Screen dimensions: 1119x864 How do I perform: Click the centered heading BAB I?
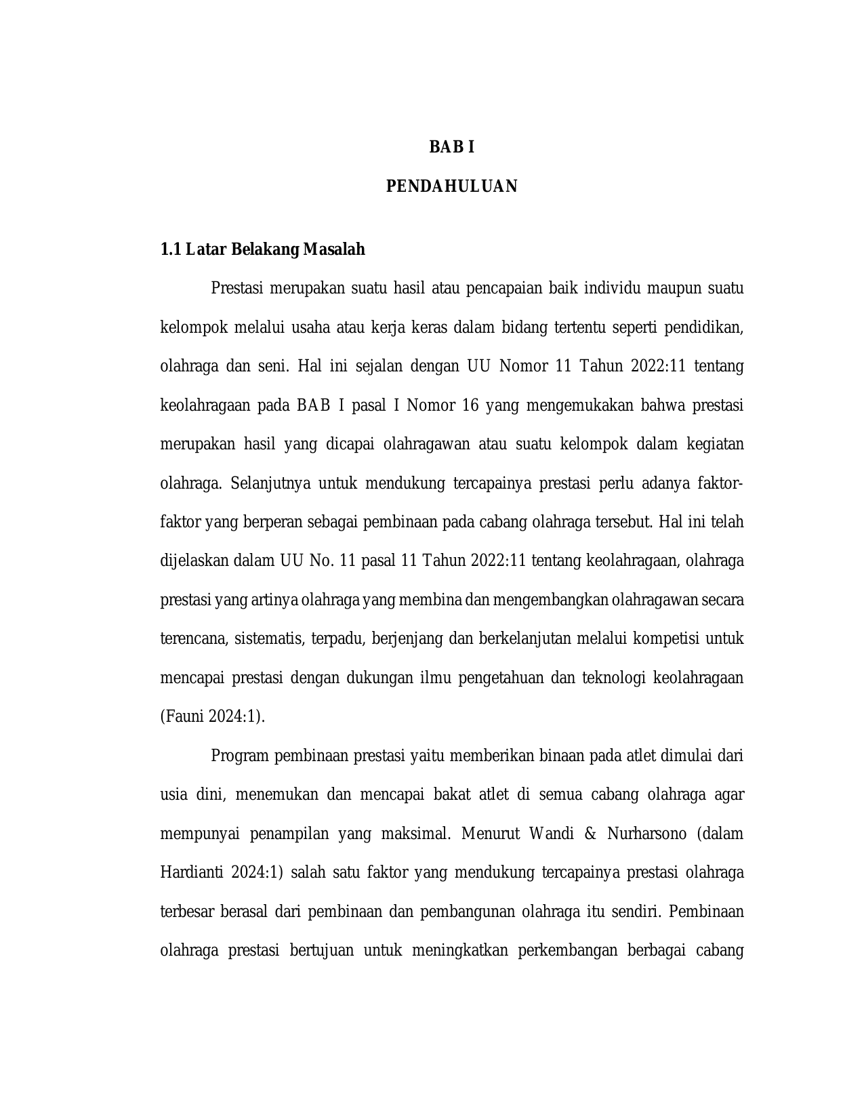(452, 147)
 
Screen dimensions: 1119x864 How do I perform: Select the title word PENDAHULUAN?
(452, 186)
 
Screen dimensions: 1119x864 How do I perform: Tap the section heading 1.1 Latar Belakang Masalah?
(262, 249)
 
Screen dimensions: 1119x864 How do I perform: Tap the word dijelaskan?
(194, 561)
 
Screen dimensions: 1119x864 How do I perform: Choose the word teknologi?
(613, 678)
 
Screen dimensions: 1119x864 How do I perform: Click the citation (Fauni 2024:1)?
(212, 717)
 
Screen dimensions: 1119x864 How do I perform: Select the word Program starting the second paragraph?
(240, 756)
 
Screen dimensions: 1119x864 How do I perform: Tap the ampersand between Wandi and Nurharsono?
(589, 834)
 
